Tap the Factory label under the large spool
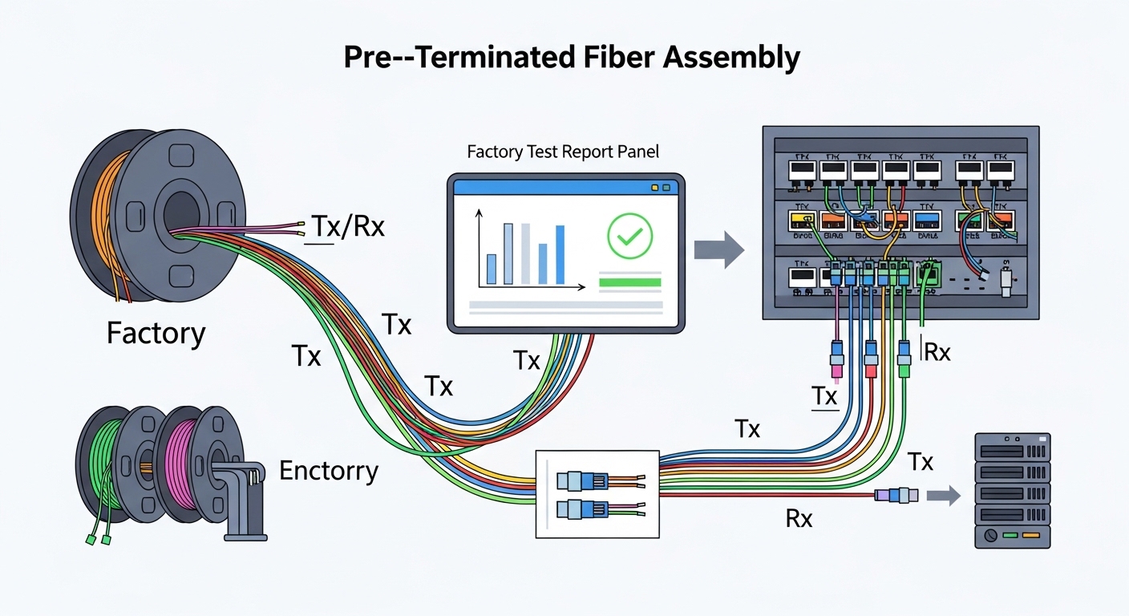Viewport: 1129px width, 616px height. click(156, 332)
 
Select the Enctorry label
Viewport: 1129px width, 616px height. click(328, 470)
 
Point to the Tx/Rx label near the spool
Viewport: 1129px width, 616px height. click(347, 227)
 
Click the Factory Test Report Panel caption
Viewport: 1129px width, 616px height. click(564, 151)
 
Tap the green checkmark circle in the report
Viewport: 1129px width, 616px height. click(630, 236)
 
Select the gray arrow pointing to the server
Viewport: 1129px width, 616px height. click(943, 496)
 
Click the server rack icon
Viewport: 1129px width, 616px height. click(1012, 490)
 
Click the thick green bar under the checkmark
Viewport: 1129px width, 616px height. click(629, 282)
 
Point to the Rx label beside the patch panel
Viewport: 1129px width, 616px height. click(937, 352)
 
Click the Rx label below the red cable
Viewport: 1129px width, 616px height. click(798, 519)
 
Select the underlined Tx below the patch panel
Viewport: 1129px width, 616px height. click(824, 396)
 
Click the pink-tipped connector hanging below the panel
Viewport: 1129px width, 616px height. click(836, 358)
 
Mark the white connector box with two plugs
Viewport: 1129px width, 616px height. click(597, 493)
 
